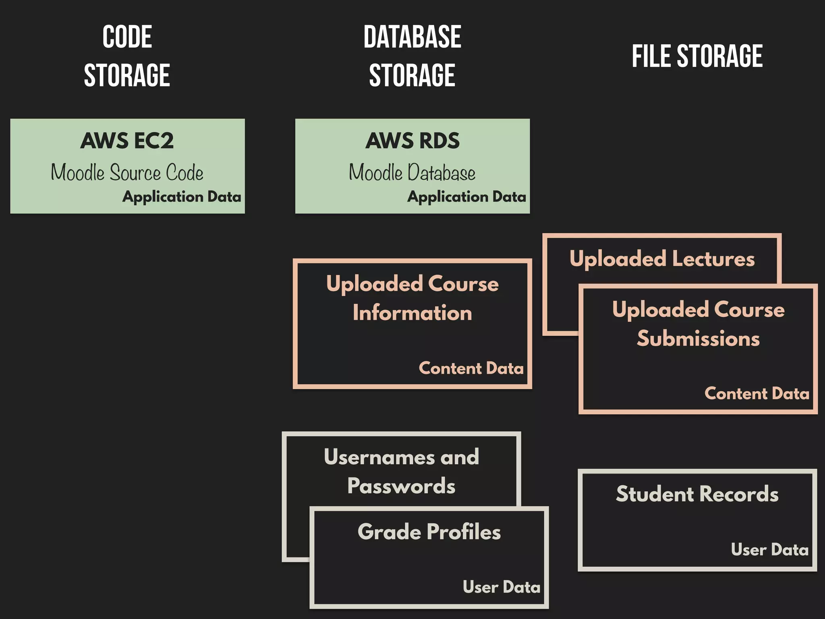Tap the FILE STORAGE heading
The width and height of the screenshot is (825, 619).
697,56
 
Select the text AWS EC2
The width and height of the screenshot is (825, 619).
127,141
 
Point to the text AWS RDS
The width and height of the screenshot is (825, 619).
412,141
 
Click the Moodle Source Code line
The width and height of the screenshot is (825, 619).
127,172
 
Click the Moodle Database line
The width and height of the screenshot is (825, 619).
412,172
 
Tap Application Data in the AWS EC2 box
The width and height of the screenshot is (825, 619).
182,197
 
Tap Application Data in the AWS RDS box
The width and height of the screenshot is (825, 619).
466,197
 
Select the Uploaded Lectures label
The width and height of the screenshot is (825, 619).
662,259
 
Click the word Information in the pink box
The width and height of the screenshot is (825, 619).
412,313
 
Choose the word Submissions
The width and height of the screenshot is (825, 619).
698,338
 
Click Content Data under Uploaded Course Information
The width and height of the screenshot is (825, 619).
471,368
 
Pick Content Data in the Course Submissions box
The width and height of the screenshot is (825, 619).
757,393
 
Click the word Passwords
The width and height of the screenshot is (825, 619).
401,486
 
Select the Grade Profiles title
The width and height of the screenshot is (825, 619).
429,532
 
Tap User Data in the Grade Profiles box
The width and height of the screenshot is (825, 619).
501,587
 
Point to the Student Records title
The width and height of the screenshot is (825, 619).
697,494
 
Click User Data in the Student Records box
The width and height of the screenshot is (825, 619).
769,550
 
